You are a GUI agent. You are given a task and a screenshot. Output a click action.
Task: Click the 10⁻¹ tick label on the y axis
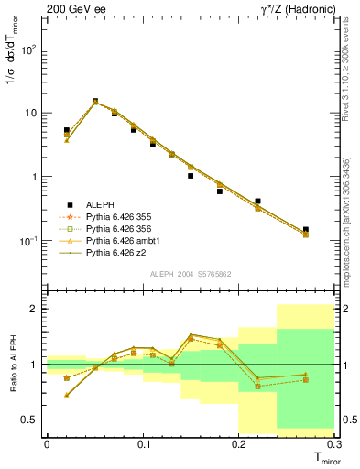coord(29,240)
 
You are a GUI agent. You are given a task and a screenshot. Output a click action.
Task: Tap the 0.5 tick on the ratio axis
coord(29,420)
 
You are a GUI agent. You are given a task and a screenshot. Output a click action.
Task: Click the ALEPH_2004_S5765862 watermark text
coord(191,274)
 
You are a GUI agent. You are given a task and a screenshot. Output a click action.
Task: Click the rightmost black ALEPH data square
coord(306,230)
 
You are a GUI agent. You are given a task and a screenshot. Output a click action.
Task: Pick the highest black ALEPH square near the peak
coord(95,102)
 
